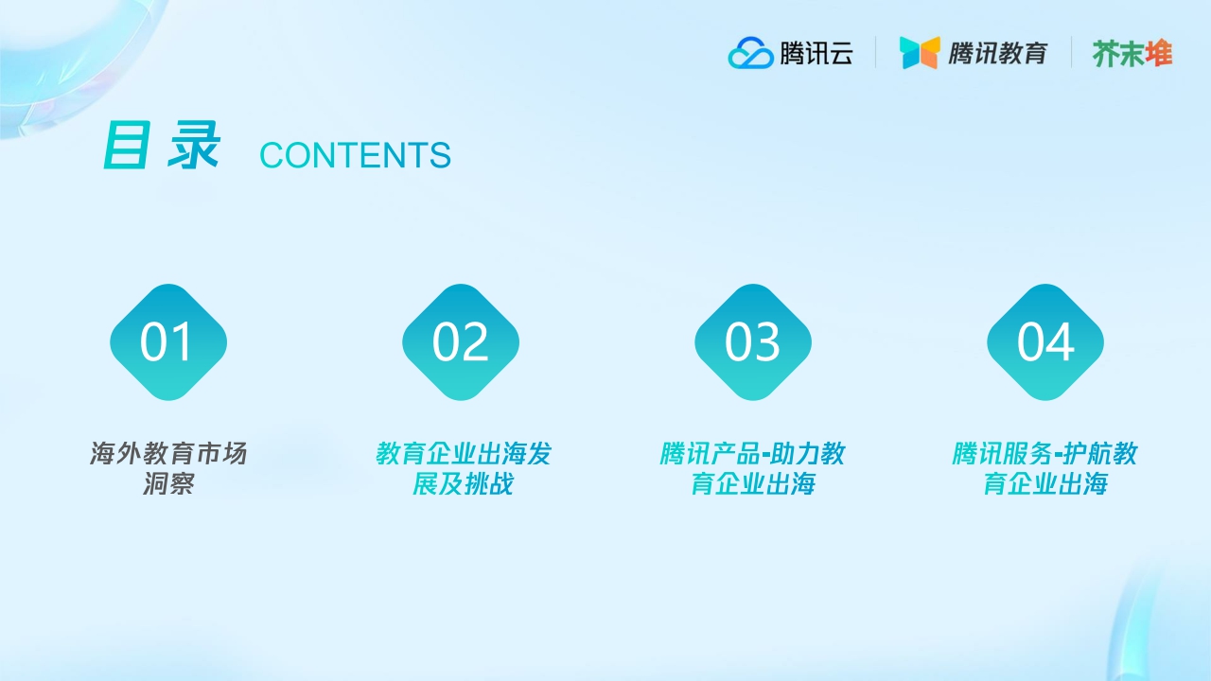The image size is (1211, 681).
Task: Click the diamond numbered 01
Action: tap(168, 342)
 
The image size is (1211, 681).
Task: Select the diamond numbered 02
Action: tap(461, 342)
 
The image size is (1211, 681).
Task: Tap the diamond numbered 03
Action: tap(753, 342)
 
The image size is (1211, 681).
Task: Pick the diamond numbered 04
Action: tap(1045, 342)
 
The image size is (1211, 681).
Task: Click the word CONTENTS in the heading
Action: tap(355, 156)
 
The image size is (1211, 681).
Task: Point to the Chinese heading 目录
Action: tap(161, 147)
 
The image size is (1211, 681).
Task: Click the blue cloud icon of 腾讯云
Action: tap(751, 53)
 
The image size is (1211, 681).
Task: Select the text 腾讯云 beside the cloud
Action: tap(816, 53)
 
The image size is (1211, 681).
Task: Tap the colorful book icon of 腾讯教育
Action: tap(920, 53)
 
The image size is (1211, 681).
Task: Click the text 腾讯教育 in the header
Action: tap(998, 53)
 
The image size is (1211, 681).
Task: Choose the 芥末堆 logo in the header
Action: tap(1132, 53)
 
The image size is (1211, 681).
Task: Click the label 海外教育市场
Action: tap(168, 454)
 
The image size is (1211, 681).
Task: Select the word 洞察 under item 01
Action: tap(168, 484)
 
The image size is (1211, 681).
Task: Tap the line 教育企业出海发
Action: tap(463, 454)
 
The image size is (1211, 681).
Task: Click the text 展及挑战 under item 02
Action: tap(463, 484)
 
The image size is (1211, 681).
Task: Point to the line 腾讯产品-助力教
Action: tap(752, 454)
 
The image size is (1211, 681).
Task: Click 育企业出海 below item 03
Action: tap(752, 484)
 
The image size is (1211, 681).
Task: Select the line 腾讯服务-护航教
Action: tap(1044, 454)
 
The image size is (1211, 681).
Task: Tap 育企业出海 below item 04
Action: tap(1044, 484)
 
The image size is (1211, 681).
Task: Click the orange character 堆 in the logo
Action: tap(1159, 53)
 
